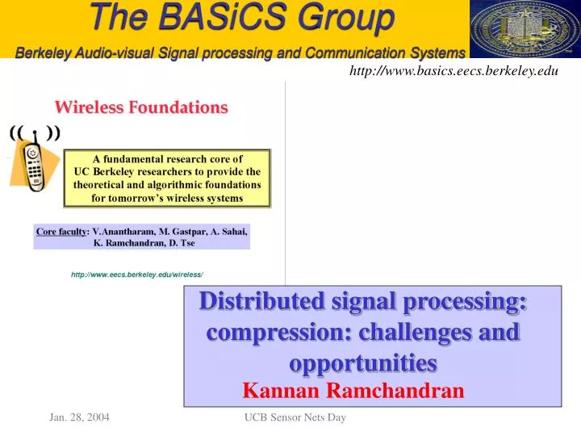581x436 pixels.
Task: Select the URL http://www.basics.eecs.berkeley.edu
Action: tap(454, 71)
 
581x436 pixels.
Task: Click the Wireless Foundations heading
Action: tap(141, 107)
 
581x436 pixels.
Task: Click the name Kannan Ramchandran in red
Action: tap(353, 392)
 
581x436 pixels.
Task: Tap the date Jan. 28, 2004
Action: tap(79, 417)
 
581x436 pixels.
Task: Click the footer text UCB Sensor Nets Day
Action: tap(295, 417)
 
